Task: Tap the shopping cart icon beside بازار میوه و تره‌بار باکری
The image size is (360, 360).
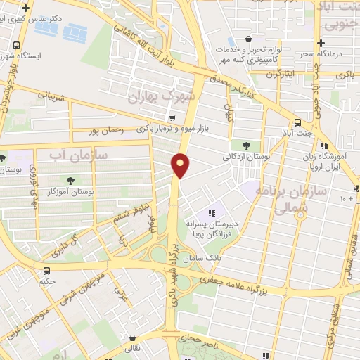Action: pyautogui.click(x=172, y=117)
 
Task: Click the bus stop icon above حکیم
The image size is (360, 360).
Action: pyautogui.click(x=46, y=271)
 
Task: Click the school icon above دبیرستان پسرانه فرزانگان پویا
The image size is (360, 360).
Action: pyautogui.click(x=211, y=213)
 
